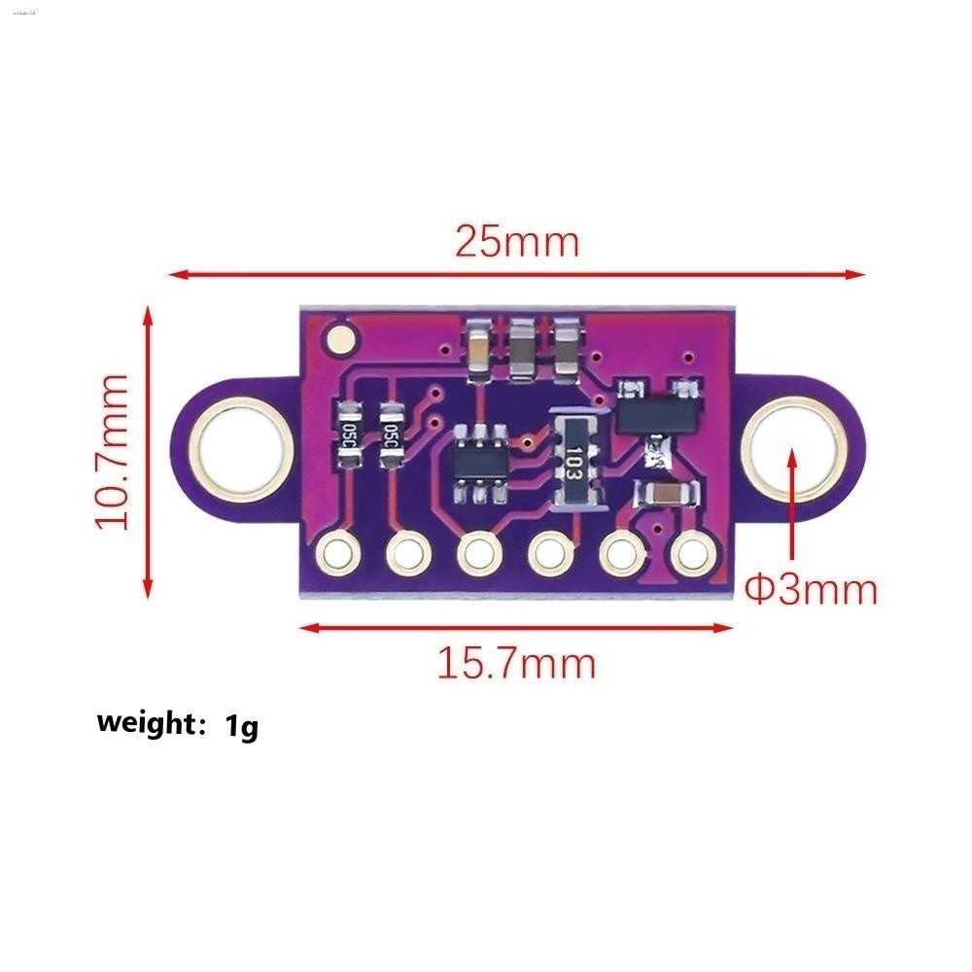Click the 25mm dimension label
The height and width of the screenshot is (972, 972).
click(516, 241)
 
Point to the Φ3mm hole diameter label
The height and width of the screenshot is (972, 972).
click(811, 589)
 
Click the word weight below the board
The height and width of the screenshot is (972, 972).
click(147, 723)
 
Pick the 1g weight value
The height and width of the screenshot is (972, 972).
click(242, 725)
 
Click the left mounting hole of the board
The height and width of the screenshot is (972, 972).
click(240, 449)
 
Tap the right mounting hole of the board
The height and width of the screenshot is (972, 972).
click(788, 449)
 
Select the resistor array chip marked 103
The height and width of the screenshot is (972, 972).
click(575, 456)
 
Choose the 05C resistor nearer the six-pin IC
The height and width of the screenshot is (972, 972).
click(393, 434)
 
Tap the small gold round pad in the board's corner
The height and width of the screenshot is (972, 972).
click(341, 339)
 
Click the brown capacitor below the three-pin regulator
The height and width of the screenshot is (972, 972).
click(666, 495)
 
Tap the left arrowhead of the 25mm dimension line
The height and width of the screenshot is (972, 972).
click(178, 274)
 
